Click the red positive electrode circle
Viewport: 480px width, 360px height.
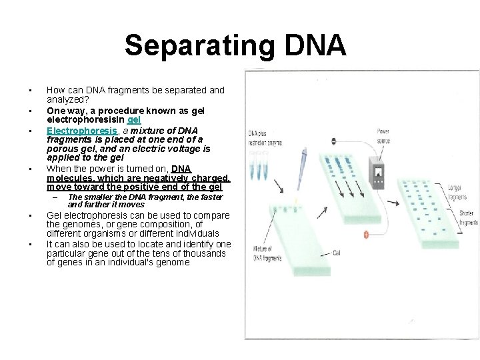[366, 234]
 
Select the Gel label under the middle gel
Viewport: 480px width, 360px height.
[337, 253]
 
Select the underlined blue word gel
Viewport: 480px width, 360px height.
[133, 120]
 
